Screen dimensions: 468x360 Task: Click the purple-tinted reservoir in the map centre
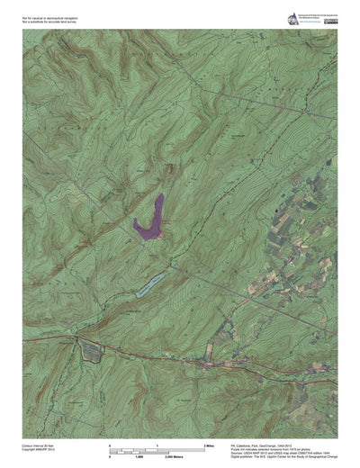click(x=149, y=220)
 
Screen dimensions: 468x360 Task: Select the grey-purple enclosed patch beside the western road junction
click(x=91, y=351)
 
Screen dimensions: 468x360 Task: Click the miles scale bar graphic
click(x=158, y=451)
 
